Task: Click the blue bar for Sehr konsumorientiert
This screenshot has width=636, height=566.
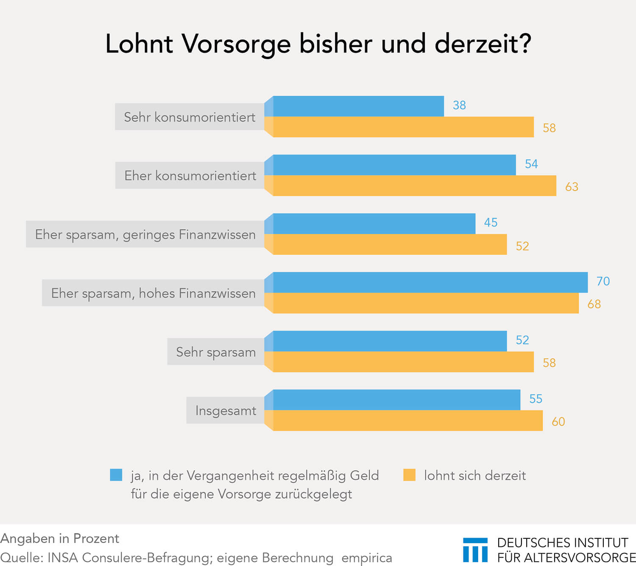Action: point(358,106)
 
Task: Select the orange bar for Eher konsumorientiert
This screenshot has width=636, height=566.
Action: point(414,186)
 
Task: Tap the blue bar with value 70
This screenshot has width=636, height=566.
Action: point(430,282)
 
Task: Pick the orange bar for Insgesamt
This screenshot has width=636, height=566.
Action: point(407,421)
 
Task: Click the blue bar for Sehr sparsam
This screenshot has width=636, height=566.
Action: point(390,341)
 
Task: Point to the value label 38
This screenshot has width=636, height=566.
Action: point(459,105)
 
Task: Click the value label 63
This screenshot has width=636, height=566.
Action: point(572,187)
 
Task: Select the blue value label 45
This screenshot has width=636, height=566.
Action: point(491,222)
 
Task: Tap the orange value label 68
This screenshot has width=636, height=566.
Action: point(594,304)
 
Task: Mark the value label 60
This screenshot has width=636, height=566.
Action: point(558,422)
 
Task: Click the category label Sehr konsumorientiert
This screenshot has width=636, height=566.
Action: point(190,117)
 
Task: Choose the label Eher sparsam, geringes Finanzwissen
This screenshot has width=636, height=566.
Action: point(145,234)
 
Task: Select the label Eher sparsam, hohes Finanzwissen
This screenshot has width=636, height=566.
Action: point(153,293)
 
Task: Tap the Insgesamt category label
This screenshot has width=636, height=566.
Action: point(226,411)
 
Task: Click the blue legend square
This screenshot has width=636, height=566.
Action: point(116,475)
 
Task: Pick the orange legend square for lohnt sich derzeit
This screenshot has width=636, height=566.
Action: point(409,475)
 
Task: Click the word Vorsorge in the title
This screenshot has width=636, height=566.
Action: point(236,44)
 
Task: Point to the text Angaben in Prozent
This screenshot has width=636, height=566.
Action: point(60,538)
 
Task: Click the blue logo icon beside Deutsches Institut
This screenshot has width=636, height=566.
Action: point(475,549)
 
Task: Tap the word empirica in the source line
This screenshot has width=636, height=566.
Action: point(366,558)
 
